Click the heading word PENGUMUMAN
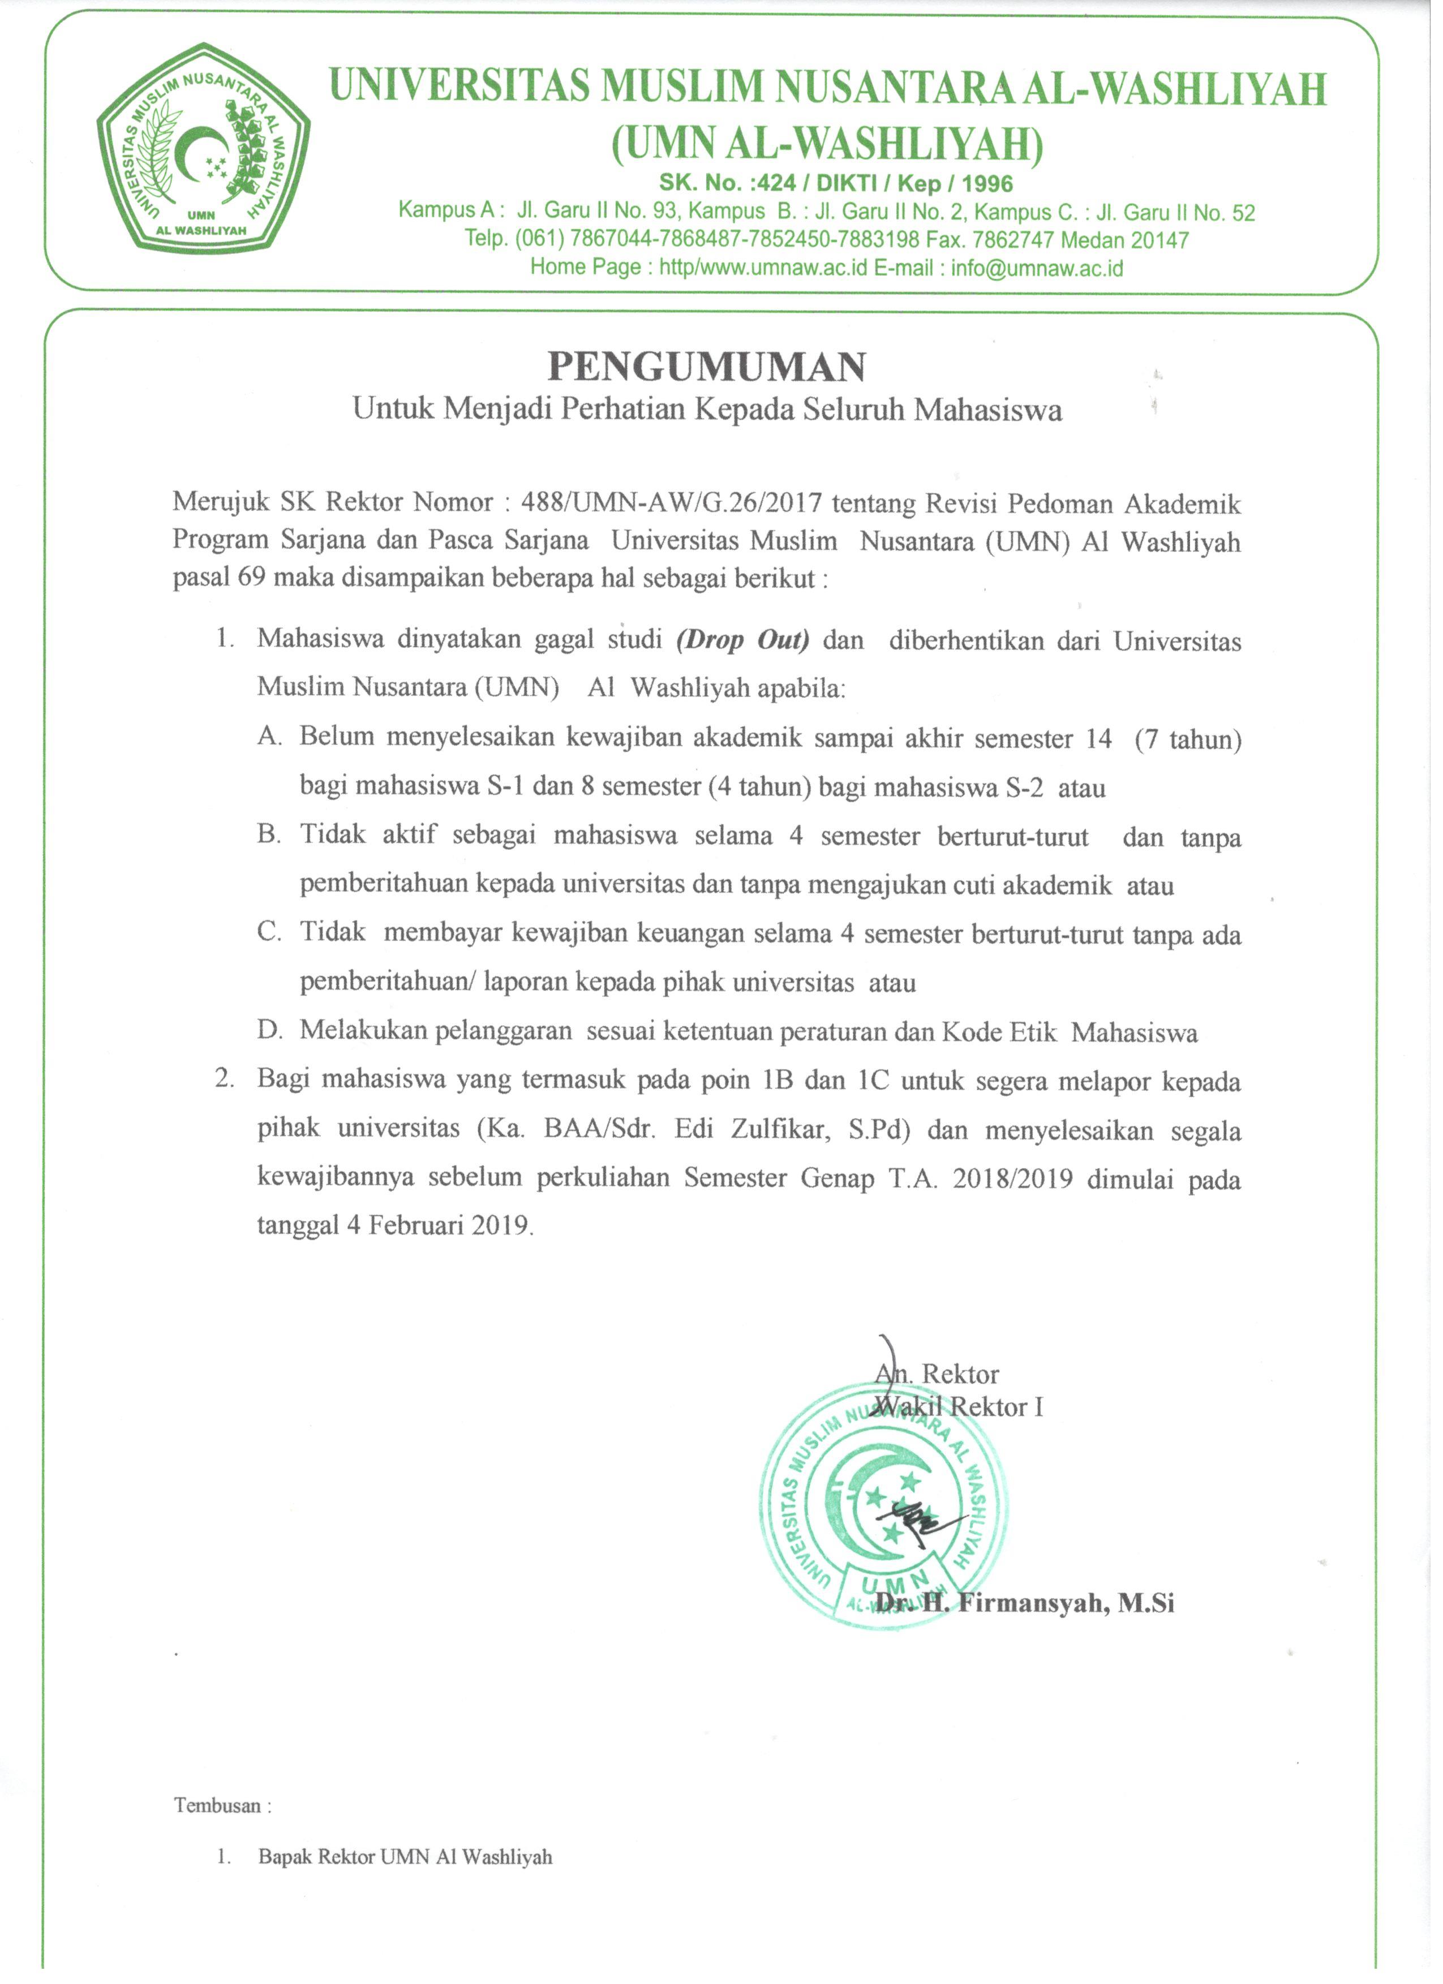(706, 367)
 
